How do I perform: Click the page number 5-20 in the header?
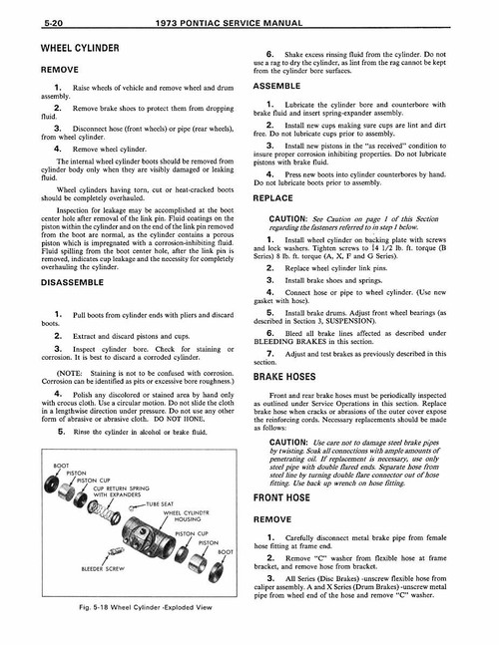[x=27, y=20]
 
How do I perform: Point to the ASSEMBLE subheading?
[x=289, y=86]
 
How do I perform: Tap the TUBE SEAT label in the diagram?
[x=161, y=504]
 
